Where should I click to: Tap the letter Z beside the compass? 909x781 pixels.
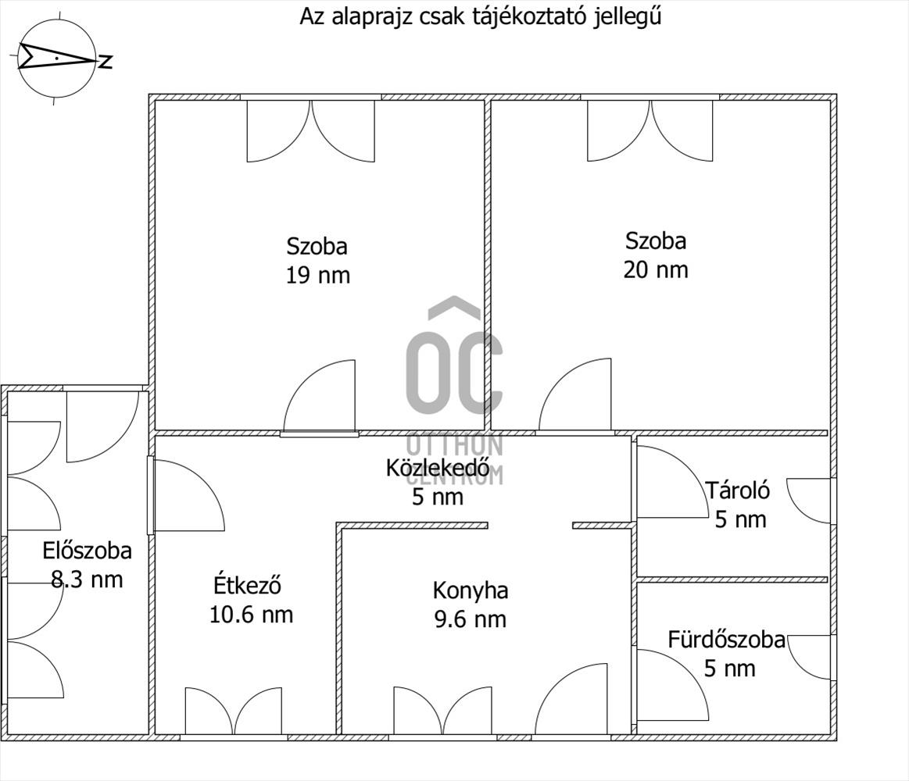(x=106, y=62)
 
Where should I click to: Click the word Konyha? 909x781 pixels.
(x=471, y=590)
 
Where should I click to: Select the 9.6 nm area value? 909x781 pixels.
(x=471, y=619)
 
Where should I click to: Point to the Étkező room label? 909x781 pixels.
(x=247, y=584)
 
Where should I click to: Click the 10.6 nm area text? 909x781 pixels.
(x=251, y=615)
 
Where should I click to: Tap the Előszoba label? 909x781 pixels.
(x=87, y=551)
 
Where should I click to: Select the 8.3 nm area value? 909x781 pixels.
(x=87, y=580)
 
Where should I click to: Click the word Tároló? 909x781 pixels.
(x=738, y=490)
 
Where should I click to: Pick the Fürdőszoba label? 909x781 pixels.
(x=726, y=640)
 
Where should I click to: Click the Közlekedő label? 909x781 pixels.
(x=438, y=468)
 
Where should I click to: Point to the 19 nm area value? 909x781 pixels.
(x=317, y=275)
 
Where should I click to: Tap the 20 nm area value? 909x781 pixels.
(x=656, y=269)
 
